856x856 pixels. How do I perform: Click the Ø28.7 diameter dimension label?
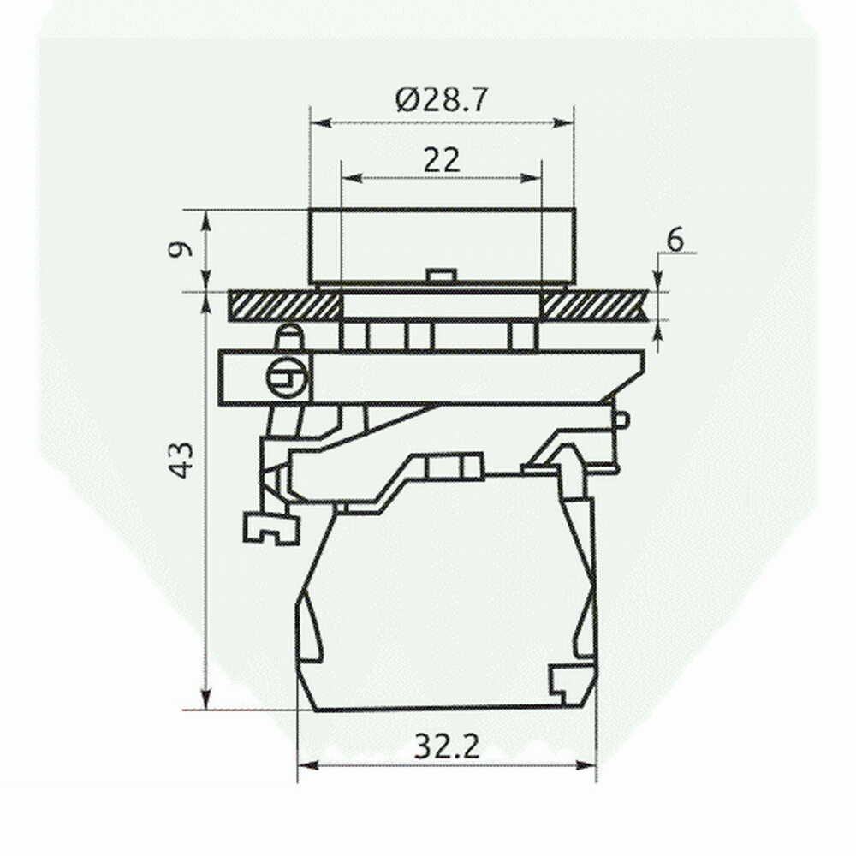441,100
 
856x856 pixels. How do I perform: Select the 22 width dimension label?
442,161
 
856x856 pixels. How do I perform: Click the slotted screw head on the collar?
288,377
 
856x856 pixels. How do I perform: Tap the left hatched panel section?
282,306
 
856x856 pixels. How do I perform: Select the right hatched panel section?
595,306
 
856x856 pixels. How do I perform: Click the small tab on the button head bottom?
441,275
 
